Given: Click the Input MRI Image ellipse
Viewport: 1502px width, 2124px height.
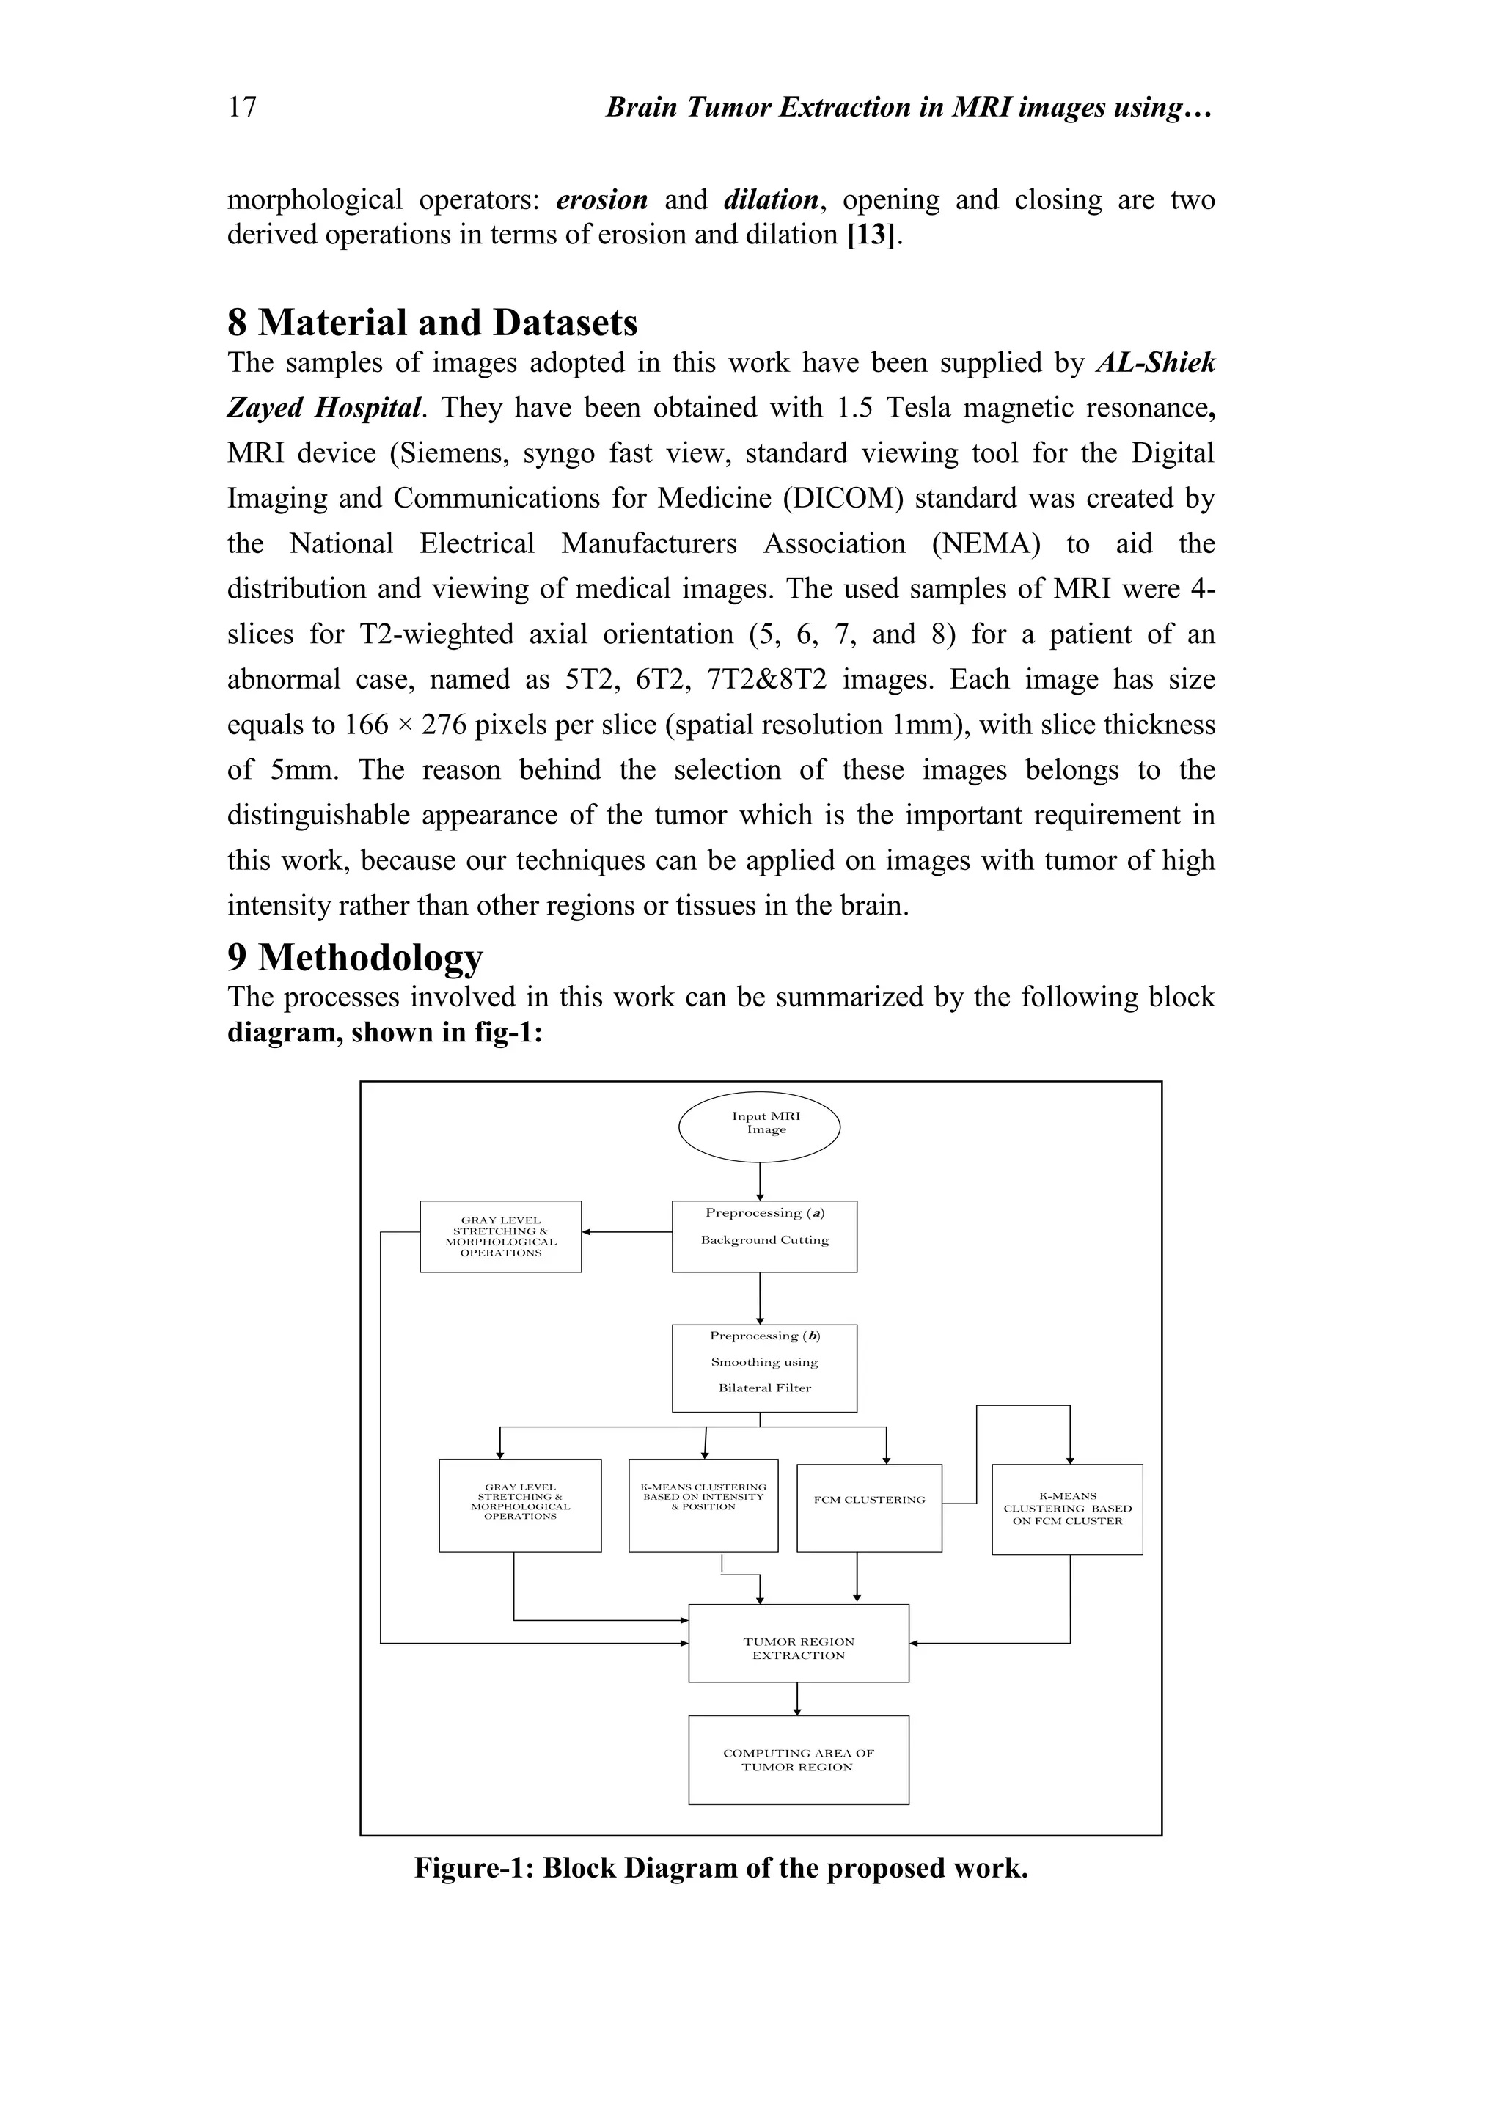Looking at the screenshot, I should [759, 1127].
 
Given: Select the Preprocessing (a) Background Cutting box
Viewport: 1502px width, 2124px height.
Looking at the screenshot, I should [764, 1236].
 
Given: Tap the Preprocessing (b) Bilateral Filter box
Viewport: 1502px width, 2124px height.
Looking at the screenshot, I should [764, 1367].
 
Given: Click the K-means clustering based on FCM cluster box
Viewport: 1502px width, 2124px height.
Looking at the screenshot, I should [1066, 1509].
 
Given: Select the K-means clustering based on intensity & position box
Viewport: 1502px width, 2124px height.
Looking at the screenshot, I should [703, 1505].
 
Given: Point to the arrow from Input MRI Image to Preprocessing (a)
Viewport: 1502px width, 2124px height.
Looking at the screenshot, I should [759, 1182].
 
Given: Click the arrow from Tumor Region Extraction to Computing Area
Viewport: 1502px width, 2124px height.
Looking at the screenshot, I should [797, 1699].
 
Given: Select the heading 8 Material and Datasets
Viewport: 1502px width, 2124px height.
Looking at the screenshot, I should [432, 323].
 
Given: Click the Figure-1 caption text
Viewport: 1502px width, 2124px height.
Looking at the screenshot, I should [720, 1868].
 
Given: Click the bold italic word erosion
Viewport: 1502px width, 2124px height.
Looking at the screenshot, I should [601, 199].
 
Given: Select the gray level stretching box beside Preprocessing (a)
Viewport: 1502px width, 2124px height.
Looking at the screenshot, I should [500, 1236].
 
